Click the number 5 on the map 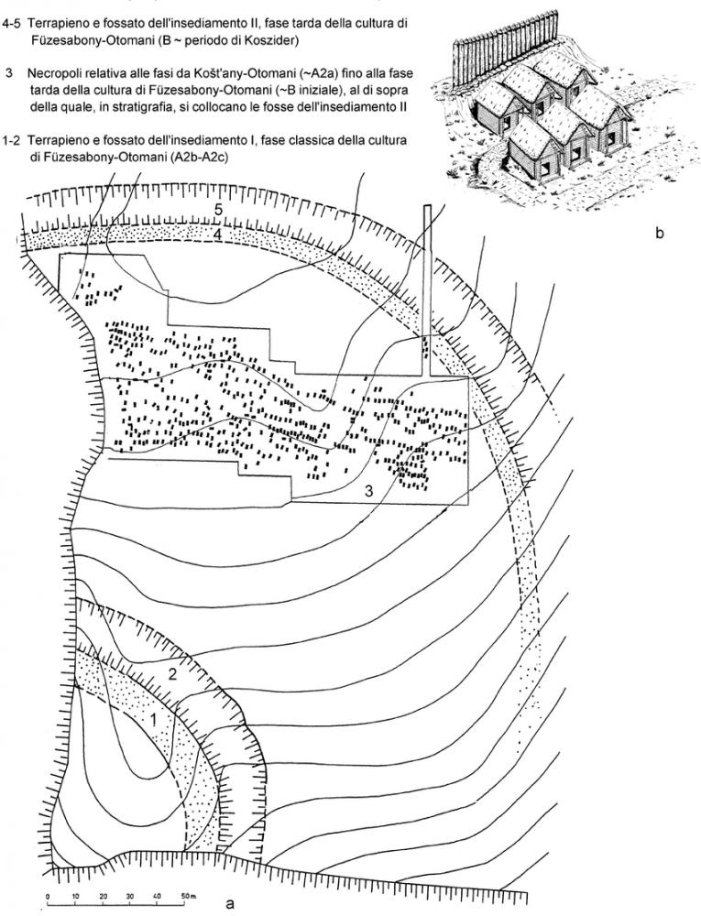(x=219, y=209)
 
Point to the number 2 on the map (x=170, y=675)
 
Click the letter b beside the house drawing (x=660, y=234)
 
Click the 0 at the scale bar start (x=47, y=891)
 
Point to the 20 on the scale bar (x=101, y=891)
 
